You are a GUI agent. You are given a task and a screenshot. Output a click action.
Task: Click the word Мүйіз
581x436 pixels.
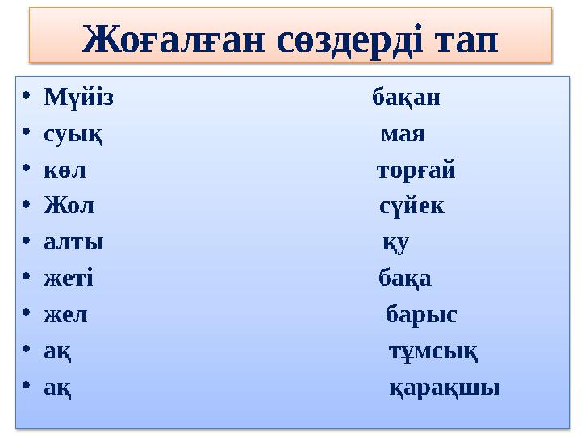click(78, 99)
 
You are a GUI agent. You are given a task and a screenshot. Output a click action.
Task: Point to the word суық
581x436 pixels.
click(73, 133)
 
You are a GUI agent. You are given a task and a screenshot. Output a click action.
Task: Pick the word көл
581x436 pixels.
click(65, 170)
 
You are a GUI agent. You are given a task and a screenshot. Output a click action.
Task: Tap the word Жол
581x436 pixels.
click(69, 206)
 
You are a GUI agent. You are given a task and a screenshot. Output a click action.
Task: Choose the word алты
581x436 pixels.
click(73, 242)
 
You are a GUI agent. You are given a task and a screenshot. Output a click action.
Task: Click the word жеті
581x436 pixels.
click(69, 279)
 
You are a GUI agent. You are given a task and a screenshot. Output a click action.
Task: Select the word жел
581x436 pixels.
click(65, 315)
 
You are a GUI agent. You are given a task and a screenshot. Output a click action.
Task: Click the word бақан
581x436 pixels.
click(406, 99)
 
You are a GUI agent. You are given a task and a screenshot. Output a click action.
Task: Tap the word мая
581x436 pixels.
click(403, 133)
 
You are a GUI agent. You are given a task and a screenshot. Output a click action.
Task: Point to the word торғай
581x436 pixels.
click(416, 170)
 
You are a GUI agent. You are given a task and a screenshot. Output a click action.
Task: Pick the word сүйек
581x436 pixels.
click(412, 206)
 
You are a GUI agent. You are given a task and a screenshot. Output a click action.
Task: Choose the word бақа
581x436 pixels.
click(405, 279)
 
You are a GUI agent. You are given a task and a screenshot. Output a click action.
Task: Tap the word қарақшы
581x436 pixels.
click(445, 388)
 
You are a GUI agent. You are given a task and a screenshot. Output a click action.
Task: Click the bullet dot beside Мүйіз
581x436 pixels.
click(27, 99)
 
